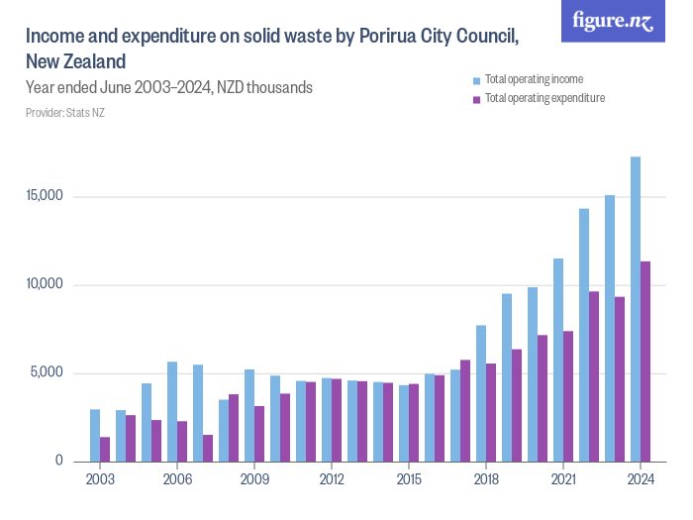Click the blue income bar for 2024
pos(636,309)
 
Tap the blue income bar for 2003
pos(95,436)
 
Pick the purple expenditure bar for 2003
pos(105,449)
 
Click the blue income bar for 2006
pos(172,412)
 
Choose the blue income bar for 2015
pos(404,423)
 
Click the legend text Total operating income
pos(534,79)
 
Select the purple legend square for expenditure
pos(477,99)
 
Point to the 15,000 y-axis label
pos(45,196)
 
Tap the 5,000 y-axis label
pos(48,373)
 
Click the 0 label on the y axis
pos(58,462)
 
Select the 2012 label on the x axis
pos(332,480)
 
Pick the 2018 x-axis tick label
pos(486,480)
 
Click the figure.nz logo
pos(613,22)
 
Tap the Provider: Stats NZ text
pos(64,113)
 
